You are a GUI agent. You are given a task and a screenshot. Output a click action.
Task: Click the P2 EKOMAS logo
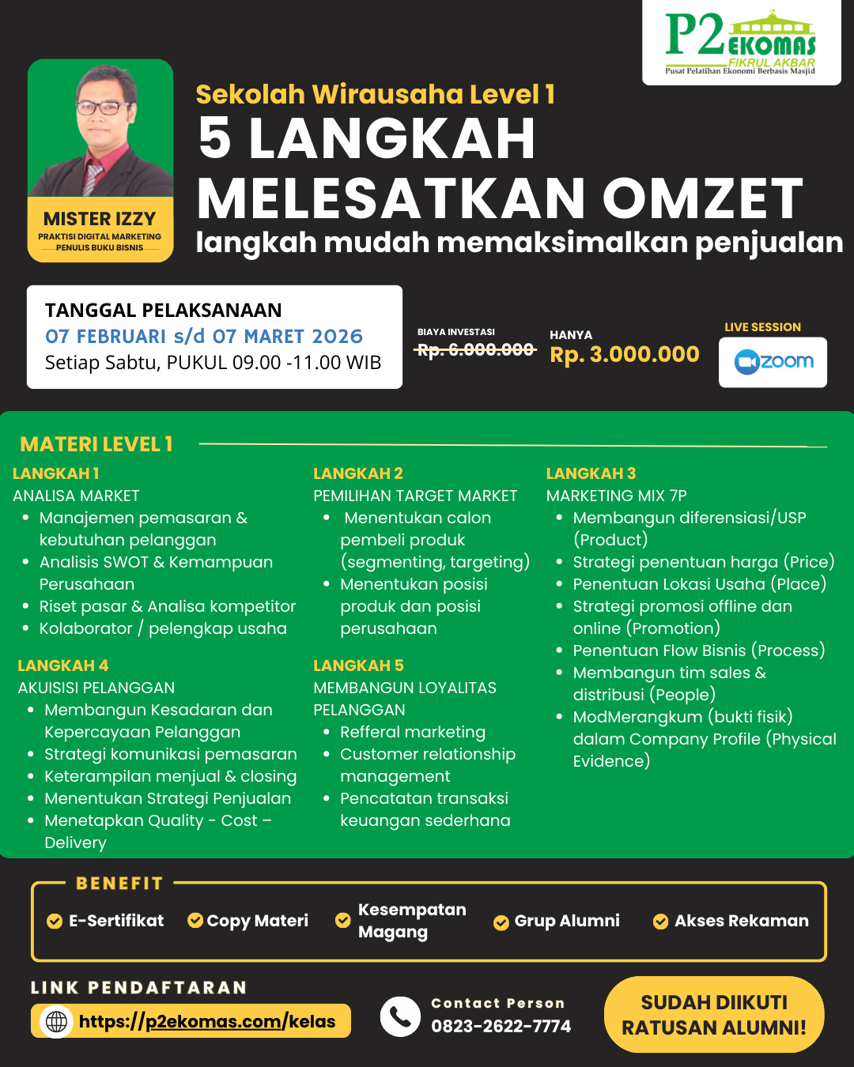point(741,43)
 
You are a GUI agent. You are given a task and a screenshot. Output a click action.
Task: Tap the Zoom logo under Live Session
point(773,362)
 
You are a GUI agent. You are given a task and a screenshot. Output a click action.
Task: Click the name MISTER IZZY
point(100,219)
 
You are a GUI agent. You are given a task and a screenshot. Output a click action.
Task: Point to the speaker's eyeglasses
point(101,107)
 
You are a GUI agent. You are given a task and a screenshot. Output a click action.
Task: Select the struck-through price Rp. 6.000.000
point(475,349)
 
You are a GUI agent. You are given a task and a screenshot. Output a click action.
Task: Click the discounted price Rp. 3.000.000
point(625,354)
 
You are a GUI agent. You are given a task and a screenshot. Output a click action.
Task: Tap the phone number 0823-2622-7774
point(501,1026)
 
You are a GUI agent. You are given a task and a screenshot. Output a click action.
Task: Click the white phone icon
point(400,1016)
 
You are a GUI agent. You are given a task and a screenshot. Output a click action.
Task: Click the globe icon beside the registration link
point(56,1022)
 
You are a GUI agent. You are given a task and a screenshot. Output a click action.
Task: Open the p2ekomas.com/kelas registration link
point(207,1021)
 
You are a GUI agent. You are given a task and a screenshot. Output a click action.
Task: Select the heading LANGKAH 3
point(591,473)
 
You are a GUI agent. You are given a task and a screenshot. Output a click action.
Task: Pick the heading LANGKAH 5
point(358,665)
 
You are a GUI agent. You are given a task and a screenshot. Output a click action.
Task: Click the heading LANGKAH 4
point(62,665)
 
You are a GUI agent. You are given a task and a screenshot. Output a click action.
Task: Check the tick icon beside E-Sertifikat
point(55,921)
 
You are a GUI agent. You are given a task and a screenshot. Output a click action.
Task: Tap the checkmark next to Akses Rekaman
point(660,922)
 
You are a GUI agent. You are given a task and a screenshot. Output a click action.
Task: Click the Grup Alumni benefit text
point(567,921)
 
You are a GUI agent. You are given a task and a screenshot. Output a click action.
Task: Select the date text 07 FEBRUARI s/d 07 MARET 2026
point(204,337)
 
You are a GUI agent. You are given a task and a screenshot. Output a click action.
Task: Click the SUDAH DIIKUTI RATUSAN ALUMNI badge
point(714,1015)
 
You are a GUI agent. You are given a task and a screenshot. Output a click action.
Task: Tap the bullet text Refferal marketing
point(413,732)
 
